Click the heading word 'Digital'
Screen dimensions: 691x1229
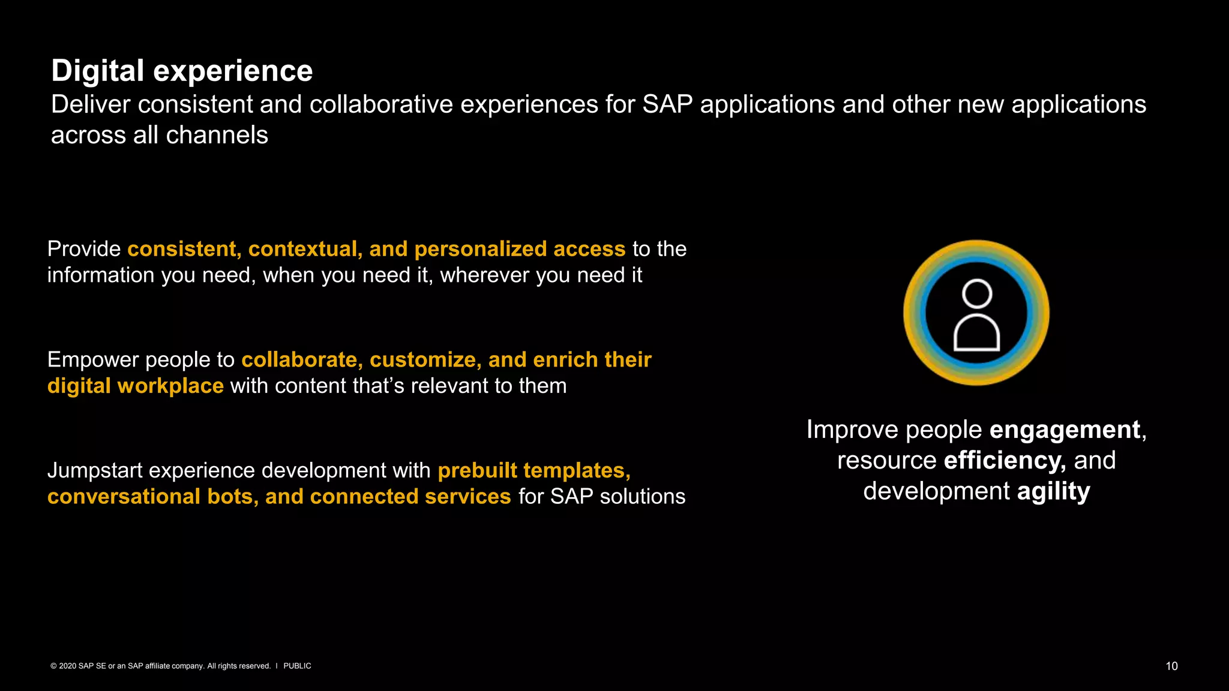point(97,71)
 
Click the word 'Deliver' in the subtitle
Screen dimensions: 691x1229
point(91,104)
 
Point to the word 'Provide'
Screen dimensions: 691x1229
point(84,249)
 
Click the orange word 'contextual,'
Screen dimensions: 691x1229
point(305,249)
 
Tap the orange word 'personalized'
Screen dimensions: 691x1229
point(480,249)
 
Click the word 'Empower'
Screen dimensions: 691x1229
point(93,360)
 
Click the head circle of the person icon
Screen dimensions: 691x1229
point(976,294)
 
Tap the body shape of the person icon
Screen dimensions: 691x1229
point(976,334)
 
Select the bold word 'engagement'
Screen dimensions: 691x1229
point(1065,429)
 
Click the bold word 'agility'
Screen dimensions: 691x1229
point(1053,491)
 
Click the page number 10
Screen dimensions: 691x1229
point(1171,666)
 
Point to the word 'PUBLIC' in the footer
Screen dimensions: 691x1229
point(297,666)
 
